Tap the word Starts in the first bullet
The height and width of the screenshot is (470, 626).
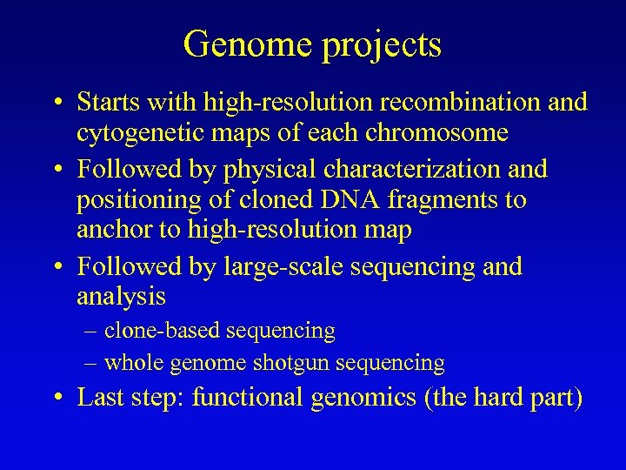[x=106, y=102]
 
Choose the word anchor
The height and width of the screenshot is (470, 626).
[x=114, y=232]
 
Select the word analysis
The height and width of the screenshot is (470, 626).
[x=121, y=297]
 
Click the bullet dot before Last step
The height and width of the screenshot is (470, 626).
[x=57, y=399]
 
